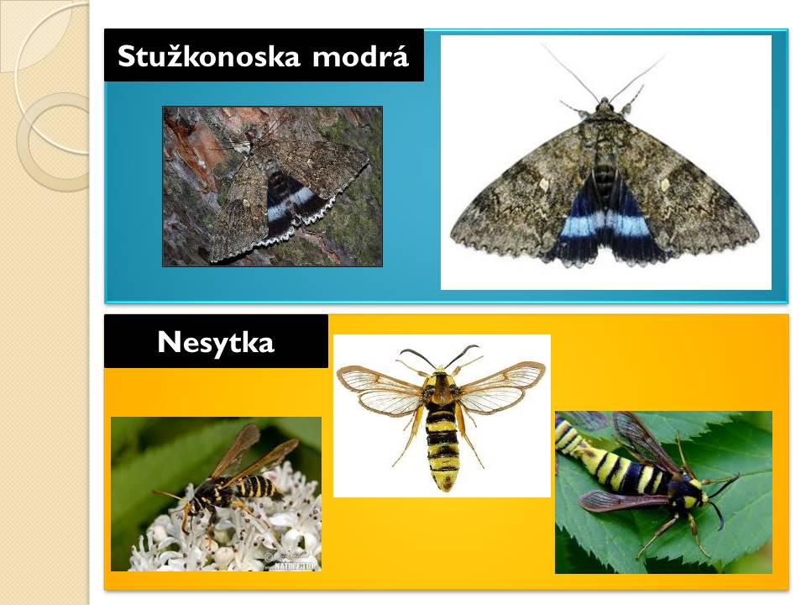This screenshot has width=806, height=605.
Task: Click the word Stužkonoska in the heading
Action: coord(209,55)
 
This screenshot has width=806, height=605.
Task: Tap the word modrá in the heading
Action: coord(360,55)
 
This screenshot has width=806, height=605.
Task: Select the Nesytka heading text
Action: coord(216,343)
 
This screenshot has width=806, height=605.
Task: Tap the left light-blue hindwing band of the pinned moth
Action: coord(580,225)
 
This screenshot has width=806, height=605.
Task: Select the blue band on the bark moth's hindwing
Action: coord(290,203)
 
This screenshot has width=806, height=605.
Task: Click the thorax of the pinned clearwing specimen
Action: coord(441,388)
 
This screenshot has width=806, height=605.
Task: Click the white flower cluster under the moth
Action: coord(226,530)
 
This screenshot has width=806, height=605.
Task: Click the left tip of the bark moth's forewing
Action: coord(211,257)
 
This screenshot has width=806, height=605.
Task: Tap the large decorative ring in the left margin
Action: coord(54,142)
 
